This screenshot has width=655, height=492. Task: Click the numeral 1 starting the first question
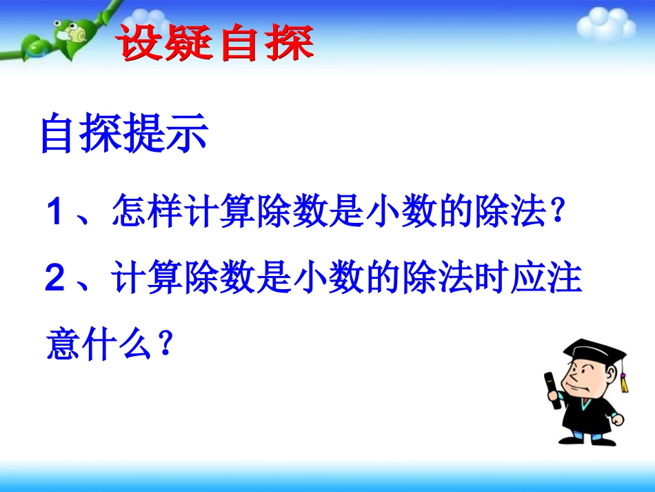pyautogui.click(x=56, y=213)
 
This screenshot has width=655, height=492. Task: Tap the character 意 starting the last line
pyautogui.click(x=65, y=345)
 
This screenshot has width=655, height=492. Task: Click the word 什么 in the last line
pyautogui.click(x=123, y=345)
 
